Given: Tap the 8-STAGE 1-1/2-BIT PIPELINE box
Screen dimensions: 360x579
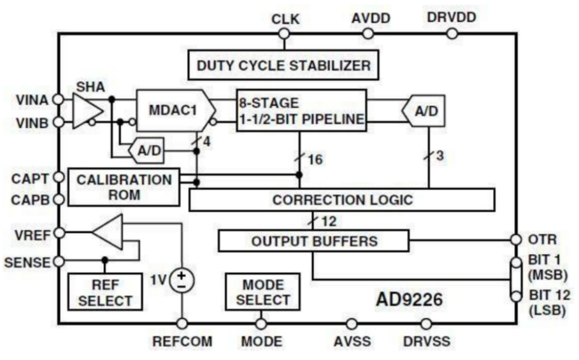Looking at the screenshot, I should [x=301, y=110].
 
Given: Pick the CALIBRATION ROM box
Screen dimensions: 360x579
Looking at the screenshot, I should [x=124, y=187].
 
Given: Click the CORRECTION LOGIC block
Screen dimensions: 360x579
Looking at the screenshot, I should [x=342, y=199].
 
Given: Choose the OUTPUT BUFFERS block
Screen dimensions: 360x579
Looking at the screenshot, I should [x=313, y=241].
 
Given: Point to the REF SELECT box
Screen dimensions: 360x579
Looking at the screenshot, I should [x=105, y=291].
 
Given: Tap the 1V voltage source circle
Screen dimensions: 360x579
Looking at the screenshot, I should [x=183, y=280].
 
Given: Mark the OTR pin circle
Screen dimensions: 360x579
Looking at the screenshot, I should [x=516, y=240].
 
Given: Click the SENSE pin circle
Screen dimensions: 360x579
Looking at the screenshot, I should [x=59, y=261].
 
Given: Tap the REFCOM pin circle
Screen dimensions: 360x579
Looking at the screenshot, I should [x=183, y=324].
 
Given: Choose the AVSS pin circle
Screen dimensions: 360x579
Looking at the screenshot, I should [x=350, y=324].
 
